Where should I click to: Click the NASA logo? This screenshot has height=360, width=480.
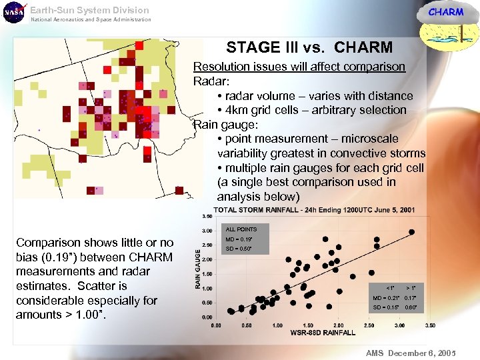click(x=13, y=13)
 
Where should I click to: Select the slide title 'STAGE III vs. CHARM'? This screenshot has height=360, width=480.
click(x=309, y=47)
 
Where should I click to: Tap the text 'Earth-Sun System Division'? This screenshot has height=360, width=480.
click(x=89, y=10)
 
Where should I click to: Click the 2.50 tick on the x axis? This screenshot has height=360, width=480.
click(x=369, y=325)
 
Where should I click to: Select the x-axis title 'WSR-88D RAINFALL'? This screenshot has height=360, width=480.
click(x=323, y=333)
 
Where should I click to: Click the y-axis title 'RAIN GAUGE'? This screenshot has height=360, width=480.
click(x=197, y=269)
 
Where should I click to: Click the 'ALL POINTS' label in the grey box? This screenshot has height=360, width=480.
click(x=241, y=229)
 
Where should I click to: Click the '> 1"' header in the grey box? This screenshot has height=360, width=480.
click(x=411, y=288)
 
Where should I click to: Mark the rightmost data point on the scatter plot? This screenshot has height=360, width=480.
click(x=411, y=232)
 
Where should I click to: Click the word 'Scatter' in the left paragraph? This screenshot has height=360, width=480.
click(x=96, y=286)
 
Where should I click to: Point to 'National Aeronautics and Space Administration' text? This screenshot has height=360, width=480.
click(x=91, y=19)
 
